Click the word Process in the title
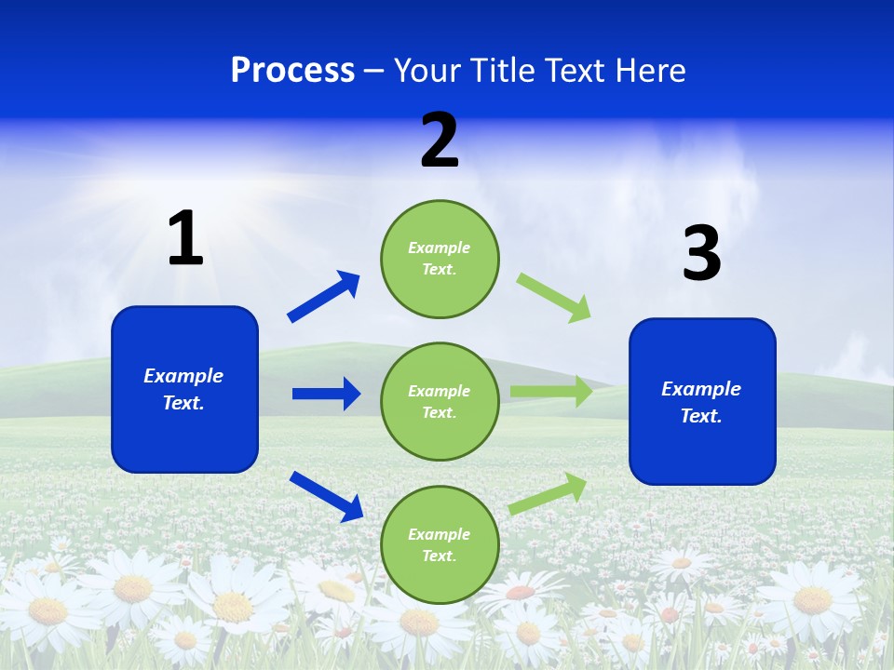pyautogui.click(x=292, y=71)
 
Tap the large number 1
pyautogui.click(x=185, y=238)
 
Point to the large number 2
pyautogui.click(x=440, y=141)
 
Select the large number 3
pyautogui.click(x=702, y=253)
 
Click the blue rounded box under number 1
pyautogui.click(x=184, y=389)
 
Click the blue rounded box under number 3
pyautogui.click(x=702, y=402)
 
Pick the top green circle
pyautogui.click(x=440, y=259)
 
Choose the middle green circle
pyautogui.click(x=440, y=402)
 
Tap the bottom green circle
pyautogui.click(x=440, y=545)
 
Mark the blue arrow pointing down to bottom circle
pyautogui.click(x=327, y=496)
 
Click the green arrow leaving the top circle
pyautogui.click(x=554, y=298)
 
